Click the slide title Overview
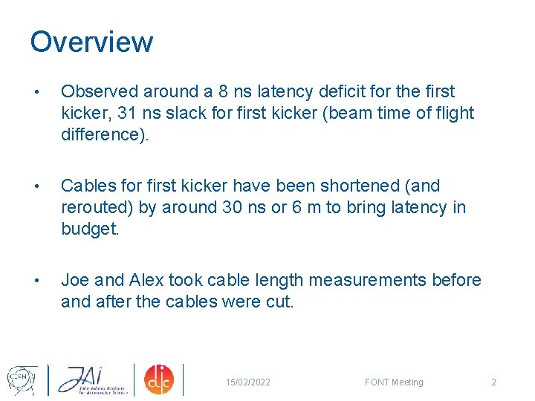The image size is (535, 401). click(x=91, y=42)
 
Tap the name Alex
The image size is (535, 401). click(x=146, y=280)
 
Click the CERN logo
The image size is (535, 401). click(x=22, y=379)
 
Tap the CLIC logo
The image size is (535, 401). click(x=158, y=379)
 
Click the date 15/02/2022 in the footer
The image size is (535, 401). click(x=248, y=382)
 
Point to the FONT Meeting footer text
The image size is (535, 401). click(x=394, y=382)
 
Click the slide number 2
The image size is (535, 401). click(x=493, y=382)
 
